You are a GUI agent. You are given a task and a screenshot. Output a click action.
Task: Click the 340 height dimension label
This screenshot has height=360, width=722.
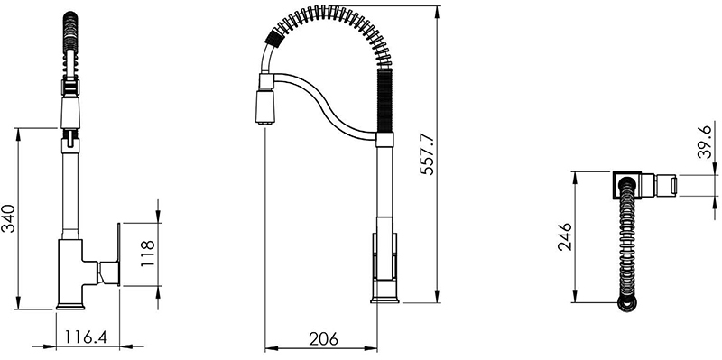point(9,218)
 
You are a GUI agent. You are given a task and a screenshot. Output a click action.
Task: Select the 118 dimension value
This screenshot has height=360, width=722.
point(147,254)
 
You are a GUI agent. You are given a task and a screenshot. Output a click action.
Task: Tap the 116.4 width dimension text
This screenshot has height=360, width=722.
point(86,337)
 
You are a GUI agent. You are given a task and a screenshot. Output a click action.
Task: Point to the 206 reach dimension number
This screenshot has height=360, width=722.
point(323,339)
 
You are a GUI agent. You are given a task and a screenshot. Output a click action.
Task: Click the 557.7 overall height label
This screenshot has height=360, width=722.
point(428,154)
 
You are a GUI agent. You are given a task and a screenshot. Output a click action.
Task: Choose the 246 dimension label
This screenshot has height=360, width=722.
point(565,236)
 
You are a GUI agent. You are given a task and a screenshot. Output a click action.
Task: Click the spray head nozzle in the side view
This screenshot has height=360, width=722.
point(265,106)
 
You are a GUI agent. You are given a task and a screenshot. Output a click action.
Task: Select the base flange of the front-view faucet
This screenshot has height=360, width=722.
point(70,306)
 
